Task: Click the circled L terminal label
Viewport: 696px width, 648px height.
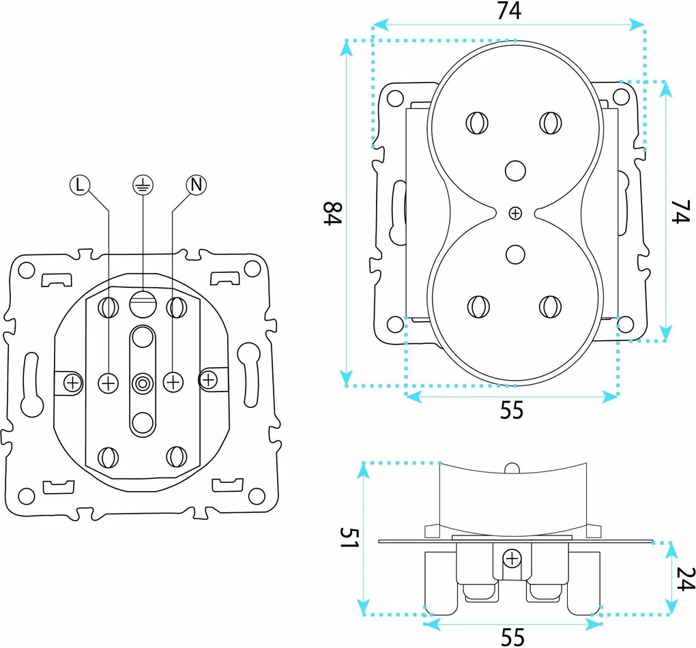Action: pyautogui.click(x=79, y=185)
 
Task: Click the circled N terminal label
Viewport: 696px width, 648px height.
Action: pyautogui.click(x=197, y=185)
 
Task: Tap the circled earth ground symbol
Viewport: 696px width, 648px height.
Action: pyautogui.click(x=143, y=185)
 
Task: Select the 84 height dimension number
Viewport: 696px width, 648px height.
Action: pyautogui.click(x=332, y=213)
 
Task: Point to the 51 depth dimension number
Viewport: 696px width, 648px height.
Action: pyautogui.click(x=349, y=538)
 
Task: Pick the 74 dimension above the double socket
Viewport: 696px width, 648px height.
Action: pyautogui.click(x=509, y=11)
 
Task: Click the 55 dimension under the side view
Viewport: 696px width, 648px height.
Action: pyautogui.click(x=512, y=637)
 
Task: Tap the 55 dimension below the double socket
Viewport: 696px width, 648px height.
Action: pyautogui.click(x=512, y=410)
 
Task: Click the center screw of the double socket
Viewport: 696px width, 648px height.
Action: pyautogui.click(x=515, y=213)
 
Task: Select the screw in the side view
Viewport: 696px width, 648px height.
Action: pyautogui.click(x=512, y=559)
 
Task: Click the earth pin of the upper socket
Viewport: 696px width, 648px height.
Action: pyautogui.click(x=515, y=171)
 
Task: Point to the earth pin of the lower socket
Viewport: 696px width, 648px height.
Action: pyautogui.click(x=515, y=254)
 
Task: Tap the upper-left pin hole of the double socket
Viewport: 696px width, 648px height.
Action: pyautogui.click(x=477, y=123)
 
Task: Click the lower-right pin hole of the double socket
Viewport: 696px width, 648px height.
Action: pyautogui.click(x=551, y=307)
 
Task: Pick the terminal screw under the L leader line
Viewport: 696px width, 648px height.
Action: pyautogui.click(x=108, y=383)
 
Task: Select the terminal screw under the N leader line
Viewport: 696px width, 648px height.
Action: pyautogui.click(x=173, y=382)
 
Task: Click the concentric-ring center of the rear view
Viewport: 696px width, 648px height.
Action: pyautogui.click(x=143, y=383)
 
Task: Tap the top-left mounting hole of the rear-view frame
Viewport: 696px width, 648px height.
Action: pyautogui.click(x=27, y=270)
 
